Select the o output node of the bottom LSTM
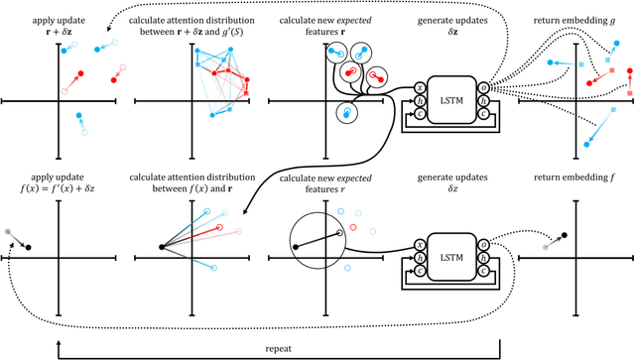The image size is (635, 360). pyautogui.click(x=482, y=244)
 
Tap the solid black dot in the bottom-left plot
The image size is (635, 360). pyautogui.click(x=29, y=247)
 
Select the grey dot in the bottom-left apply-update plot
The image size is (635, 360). pyautogui.click(x=9, y=230)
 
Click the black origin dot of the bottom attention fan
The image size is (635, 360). pyautogui.click(x=161, y=247)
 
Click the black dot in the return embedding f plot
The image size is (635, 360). pyautogui.click(x=565, y=235)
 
